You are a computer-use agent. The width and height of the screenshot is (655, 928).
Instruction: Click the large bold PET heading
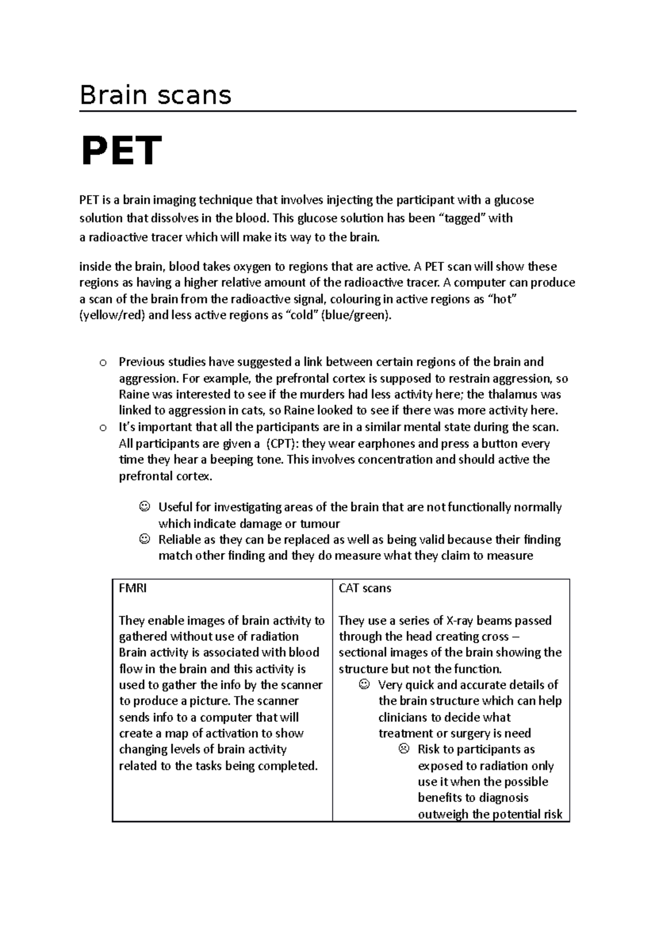pos(121,151)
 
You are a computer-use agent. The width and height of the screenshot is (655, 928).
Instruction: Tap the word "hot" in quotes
pos(501,299)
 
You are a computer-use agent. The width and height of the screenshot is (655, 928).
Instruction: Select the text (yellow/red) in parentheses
pos(112,315)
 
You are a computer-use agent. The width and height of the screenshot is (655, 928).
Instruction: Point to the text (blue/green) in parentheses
pos(356,315)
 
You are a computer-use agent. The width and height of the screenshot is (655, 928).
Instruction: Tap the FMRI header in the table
pos(133,589)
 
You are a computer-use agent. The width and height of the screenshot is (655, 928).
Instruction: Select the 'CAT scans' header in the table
pos(365,589)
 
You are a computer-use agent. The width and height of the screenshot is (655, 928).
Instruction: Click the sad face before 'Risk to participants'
pos(403,749)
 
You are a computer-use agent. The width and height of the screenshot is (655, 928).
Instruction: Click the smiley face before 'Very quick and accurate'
pos(364,685)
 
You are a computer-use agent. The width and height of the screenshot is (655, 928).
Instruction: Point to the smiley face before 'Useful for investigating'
pos(144,507)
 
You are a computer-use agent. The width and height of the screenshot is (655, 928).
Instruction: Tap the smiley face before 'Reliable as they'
pos(144,539)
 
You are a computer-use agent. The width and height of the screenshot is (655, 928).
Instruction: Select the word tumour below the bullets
pos(320,524)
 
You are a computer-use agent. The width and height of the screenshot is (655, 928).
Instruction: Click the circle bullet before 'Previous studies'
pos(102,363)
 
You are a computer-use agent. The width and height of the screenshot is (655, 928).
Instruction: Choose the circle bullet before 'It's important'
pos(102,428)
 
